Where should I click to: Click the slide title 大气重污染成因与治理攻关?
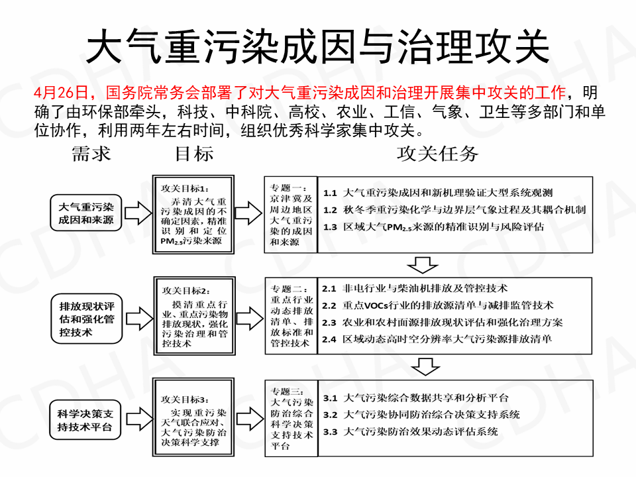pyautogui.click(x=318, y=46)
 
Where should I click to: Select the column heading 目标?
pyautogui.click(x=193, y=154)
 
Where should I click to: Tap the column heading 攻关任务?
pyautogui.click(x=437, y=154)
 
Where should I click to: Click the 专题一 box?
pyautogui.click(x=291, y=213)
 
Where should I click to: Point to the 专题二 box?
pyautogui.click(x=291, y=316)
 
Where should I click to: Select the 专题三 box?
pyautogui.click(x=291, y=419)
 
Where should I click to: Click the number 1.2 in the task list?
pyautogui.click(x=331, y=210)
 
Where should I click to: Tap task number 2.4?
pyautogui.click(x=329, y=339)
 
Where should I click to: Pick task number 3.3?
pyautogui.click(x=331, y=431)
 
